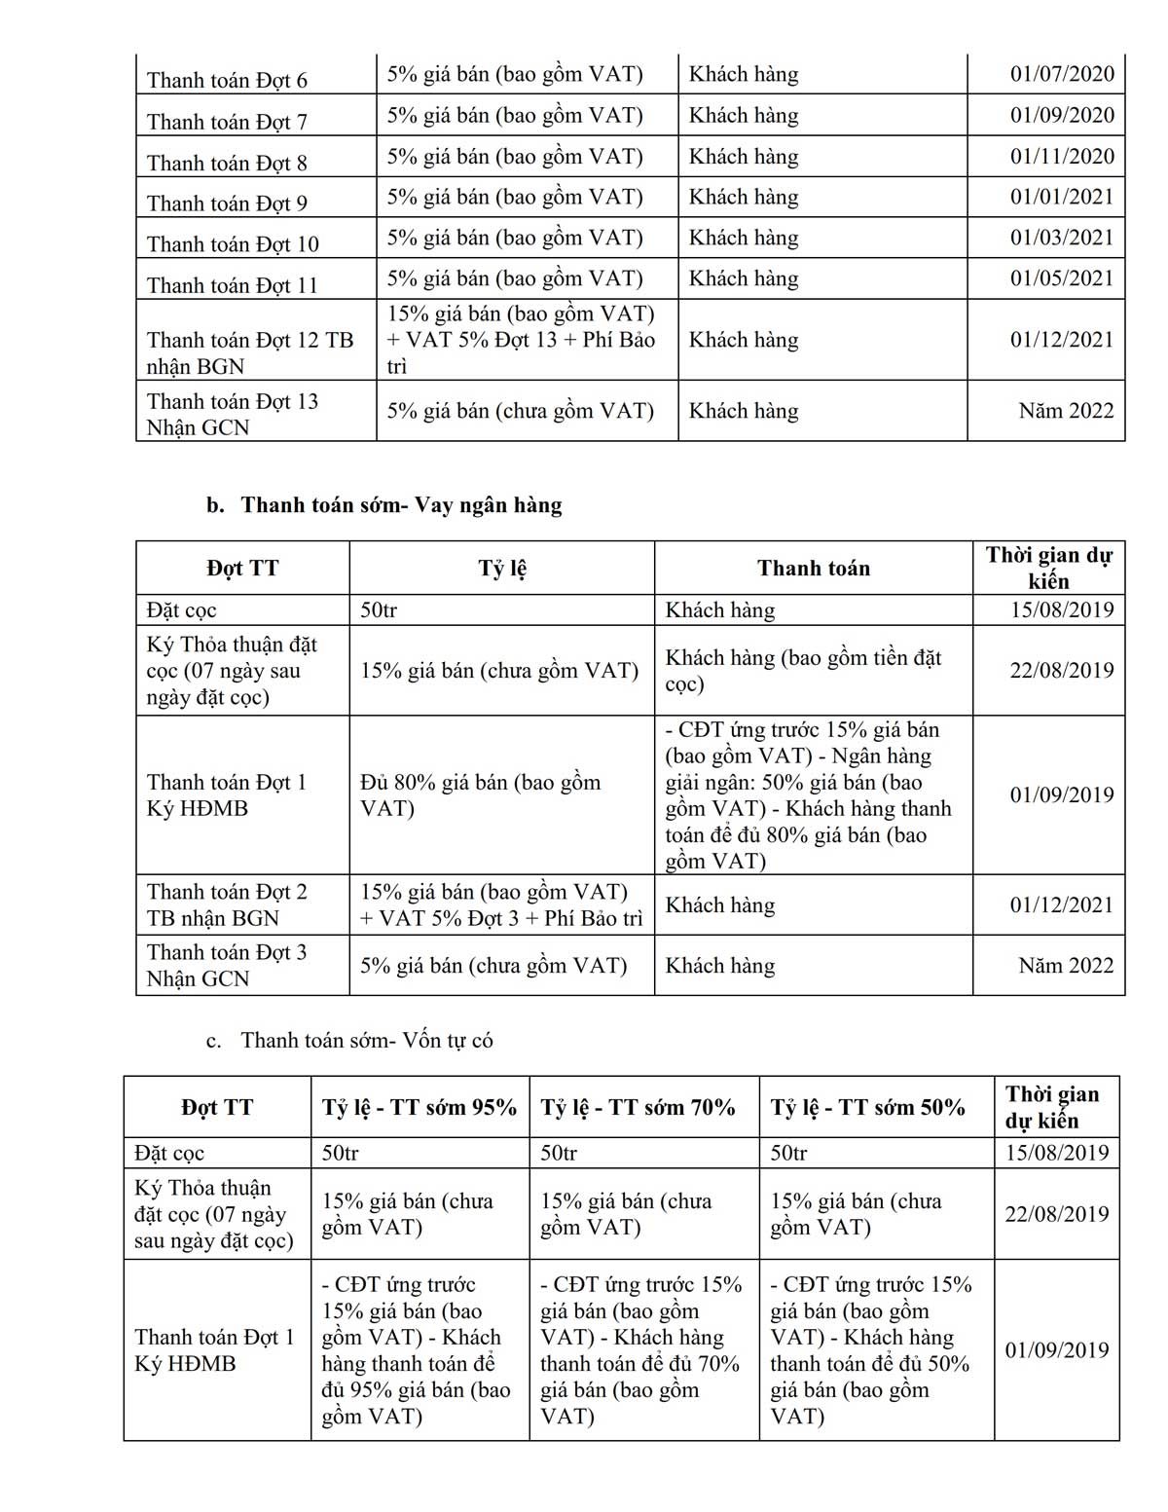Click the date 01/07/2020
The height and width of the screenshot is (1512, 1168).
coord(1061,74)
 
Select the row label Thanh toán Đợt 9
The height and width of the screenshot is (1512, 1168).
coord(227,203)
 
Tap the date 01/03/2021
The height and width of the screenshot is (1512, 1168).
coord(1061,238)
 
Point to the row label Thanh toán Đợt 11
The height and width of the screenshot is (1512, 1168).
coord(233,285)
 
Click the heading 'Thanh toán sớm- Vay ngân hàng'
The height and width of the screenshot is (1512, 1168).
coord(401,505)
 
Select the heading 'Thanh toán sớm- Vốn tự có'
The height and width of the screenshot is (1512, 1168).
coord(367,1040)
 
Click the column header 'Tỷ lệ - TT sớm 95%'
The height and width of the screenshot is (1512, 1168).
coord(420,1107)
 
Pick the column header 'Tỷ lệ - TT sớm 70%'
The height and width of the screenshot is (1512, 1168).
coord(638,1107)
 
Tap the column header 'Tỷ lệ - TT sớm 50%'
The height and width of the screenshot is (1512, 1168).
coord(867,1107)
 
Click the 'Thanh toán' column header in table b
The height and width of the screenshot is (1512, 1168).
coord(814,569)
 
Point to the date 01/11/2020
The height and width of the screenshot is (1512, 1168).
coord(1061,156)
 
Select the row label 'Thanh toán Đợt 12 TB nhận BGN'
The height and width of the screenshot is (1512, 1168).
coord(250,352)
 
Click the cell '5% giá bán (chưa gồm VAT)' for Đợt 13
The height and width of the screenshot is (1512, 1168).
coord(521,411)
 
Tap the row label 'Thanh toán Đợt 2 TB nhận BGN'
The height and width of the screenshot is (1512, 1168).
coord(227,904)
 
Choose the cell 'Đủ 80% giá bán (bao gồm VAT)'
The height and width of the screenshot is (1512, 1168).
coord(481,794)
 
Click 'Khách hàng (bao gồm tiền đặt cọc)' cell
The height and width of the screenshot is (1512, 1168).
coord(803,670)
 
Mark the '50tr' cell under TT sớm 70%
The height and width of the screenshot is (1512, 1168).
coord(559,1153)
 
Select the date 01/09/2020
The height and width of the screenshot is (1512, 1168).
coord(1061,115)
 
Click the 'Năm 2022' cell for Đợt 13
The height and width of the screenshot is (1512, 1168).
coord(1066,411)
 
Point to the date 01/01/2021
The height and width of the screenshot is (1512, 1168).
coord(1061,197)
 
